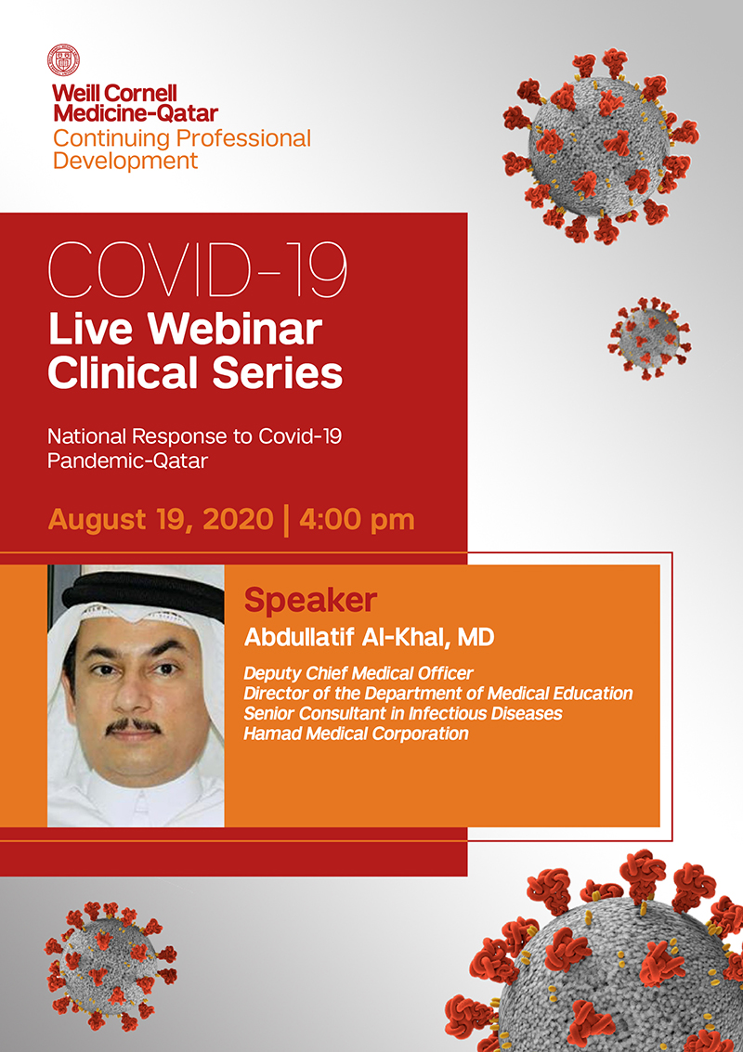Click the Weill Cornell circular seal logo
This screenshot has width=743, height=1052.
point(64,59)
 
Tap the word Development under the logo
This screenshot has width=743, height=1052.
point(125,161)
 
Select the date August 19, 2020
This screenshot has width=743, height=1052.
point(161,520)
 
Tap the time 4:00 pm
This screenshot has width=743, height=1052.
point(357,520)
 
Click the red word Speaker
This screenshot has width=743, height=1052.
point(310,601)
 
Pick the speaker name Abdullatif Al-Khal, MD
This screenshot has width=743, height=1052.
point(369,637)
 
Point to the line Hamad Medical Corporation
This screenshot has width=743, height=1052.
point(356,734)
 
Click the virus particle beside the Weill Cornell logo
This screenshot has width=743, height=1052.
point(600,145)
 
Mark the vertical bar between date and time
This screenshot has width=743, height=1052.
point(287,521)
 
